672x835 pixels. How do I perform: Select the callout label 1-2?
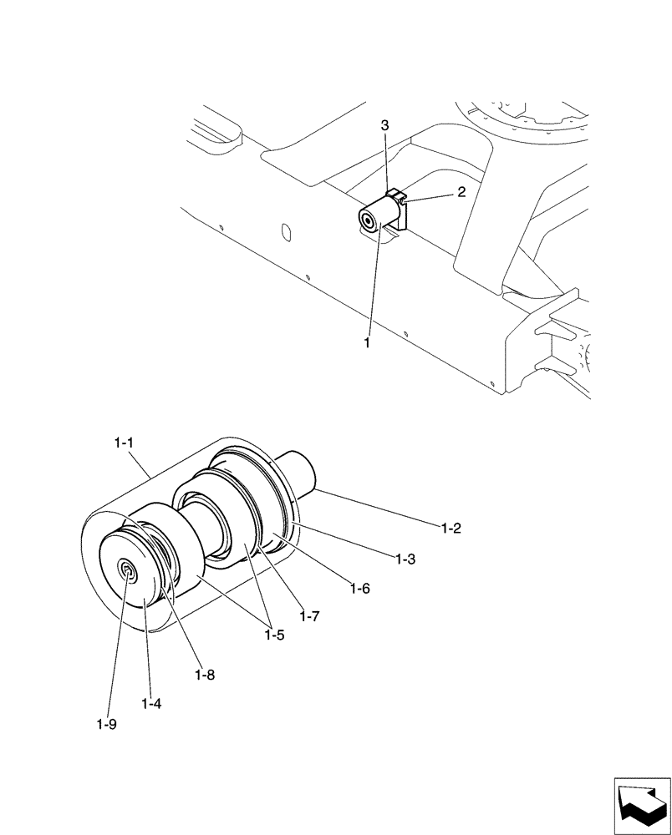tap(451, 528)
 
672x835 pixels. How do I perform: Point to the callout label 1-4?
tap(150, 704)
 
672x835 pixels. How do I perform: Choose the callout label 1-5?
tap(274, 635)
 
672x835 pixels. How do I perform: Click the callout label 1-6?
tap(359, 588)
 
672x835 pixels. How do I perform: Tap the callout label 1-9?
tap(106, 724)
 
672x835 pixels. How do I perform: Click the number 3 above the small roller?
tap(384, 125)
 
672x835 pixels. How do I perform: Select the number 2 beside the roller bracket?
tap(461, 192)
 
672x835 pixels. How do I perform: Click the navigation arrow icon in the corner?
tap(641, 805)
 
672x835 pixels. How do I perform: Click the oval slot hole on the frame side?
tap(284, 230)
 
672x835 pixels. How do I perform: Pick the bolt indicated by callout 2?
tap(401, 200)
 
